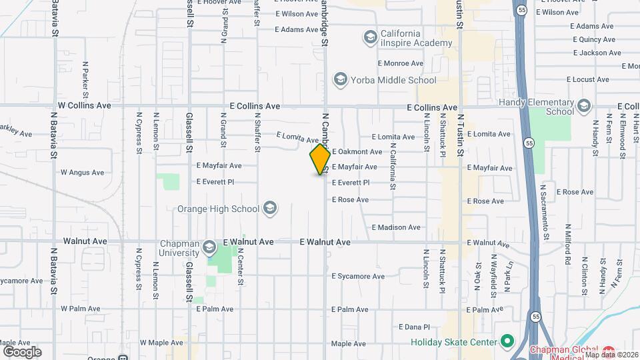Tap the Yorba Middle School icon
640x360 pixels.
coord(340,81)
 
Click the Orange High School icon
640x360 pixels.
coord(269,209)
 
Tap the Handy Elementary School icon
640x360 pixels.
coord(584,106)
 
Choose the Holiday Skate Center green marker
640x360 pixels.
coord(507,343)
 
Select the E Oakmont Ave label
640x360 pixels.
coord(357,152)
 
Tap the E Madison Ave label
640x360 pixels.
coord(396,227)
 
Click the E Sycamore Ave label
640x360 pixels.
coord(358,276)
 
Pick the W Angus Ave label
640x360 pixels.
coord(82,172)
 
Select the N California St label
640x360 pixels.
coord(393,167)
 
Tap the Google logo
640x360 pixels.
coord(22,352)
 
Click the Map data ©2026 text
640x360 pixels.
coord(611,355)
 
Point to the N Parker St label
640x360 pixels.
coord(85,78)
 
